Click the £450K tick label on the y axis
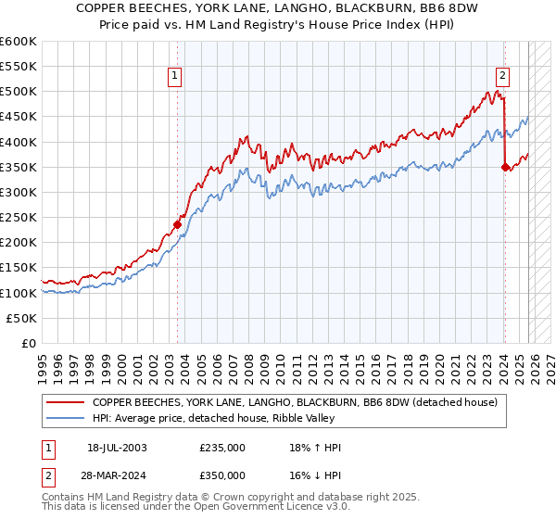pyautogui.click(x=18, y=117)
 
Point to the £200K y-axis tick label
pyautogui.click(x=18, y=243)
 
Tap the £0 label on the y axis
pyautogui.click(x=28, y=343)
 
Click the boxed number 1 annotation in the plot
pyautogui.click(x=176, y=77)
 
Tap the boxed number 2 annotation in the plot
pyautogui.click(x=502, y=77)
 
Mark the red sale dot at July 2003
pyautogui.click(x=177, y=224)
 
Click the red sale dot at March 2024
pyautogui.click(x=505, y=167)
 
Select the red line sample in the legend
pyautogui.click(x=65, y=402)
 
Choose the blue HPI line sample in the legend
pyautogui.click(x=65, y=418)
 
